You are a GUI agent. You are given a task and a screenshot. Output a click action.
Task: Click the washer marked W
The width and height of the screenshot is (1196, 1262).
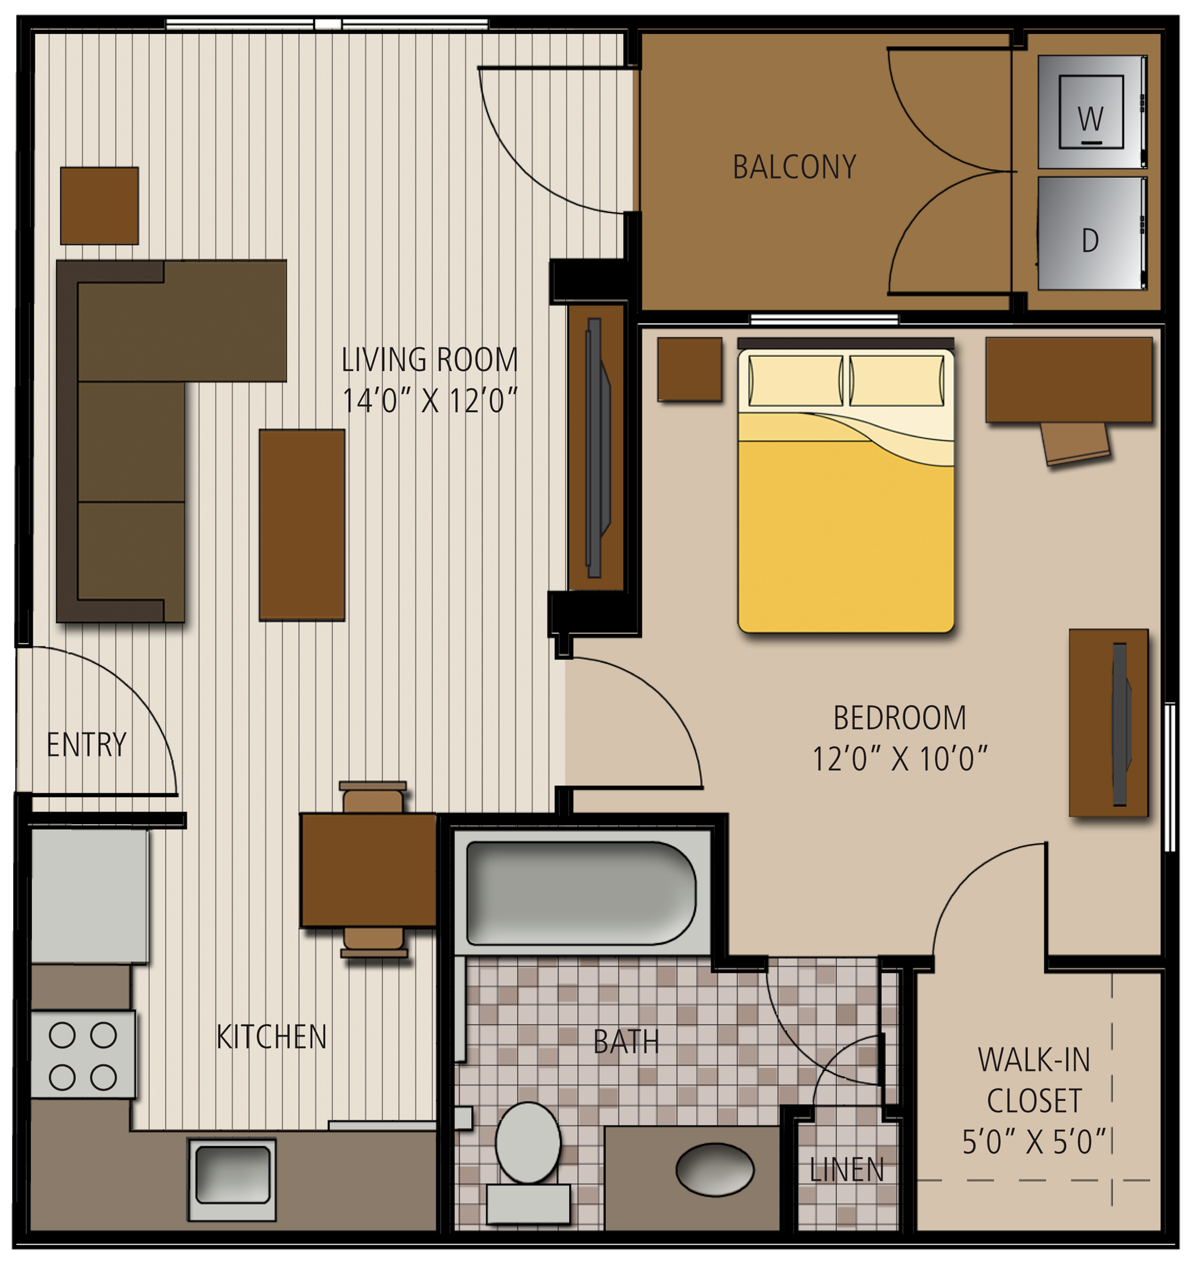click(1092, 112)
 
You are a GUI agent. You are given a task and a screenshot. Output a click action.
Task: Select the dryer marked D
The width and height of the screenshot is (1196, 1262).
click(1092, 233)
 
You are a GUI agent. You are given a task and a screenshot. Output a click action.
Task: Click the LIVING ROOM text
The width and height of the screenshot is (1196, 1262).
click(430, 360)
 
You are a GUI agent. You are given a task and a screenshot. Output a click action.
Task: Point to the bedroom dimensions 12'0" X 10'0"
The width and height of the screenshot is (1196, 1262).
click(900, 759)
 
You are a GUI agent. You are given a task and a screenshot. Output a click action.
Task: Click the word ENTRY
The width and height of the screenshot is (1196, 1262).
click(86, 745)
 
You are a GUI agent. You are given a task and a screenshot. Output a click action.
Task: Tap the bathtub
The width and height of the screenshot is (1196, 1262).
click(582, 893)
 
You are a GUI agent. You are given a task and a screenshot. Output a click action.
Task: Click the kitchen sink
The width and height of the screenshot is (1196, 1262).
click(232, 1179)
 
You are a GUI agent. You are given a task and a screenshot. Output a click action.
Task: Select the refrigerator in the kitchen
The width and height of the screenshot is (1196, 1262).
click(89, 896)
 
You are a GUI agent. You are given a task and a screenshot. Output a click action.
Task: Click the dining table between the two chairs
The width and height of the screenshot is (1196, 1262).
click(368, 870)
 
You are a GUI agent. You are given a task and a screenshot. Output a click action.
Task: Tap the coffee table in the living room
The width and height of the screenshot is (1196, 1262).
click(302, 525)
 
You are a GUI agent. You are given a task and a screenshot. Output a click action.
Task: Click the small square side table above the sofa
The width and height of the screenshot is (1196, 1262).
click(99, 206)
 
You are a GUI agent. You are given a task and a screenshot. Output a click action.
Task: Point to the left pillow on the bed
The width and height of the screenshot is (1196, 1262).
click(796, 381)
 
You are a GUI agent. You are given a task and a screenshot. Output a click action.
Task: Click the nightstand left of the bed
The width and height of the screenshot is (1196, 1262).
click(690, 369)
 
